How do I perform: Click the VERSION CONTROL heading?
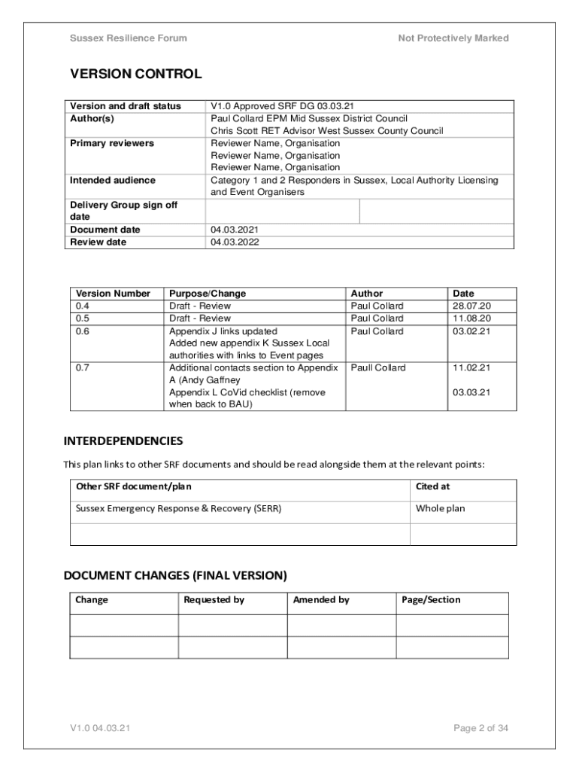pos(135,74)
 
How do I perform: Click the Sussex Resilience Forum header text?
pos(129,38)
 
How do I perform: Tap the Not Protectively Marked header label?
pos(453,38)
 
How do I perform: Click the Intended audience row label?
pos(113,180)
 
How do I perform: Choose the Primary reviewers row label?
pos(112,143)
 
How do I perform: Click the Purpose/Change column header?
pos(208,294)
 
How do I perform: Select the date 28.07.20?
pos(471,306)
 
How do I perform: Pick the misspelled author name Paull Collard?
pos(378,367)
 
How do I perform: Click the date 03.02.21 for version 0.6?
pos(471,331)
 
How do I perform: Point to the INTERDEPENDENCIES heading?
pos(123,440)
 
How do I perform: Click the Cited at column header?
pos(432,486)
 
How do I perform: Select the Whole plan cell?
pos(440,508)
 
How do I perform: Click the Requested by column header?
pos(214,600)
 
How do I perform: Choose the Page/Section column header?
pos(431,600)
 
